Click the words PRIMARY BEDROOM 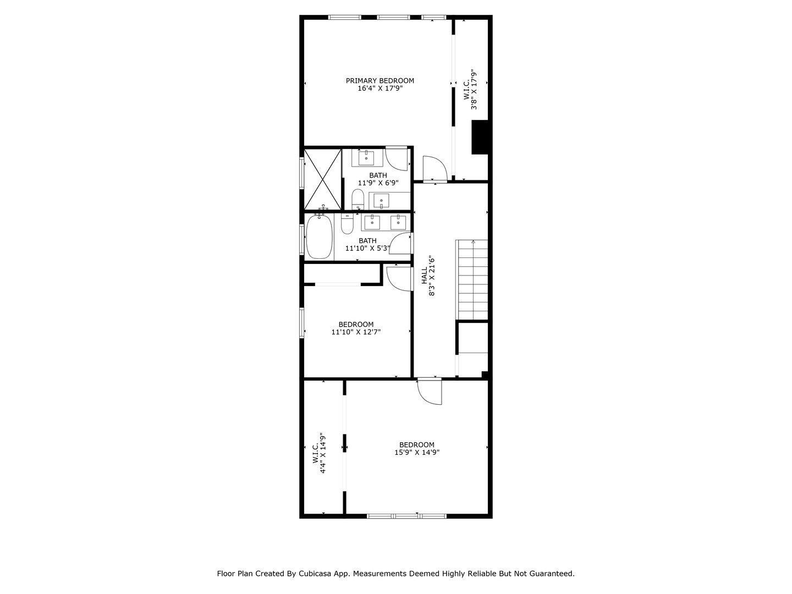coord(380,81)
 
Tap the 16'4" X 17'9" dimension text coord(380,88)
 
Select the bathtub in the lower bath coord(319,237)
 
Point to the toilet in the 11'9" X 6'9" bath coord(358,199)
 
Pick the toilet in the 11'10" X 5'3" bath coord(347,223)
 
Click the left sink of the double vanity coord(372,222)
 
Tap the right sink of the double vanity coord(398,222)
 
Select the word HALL coord(425,276)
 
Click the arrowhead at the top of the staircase coord(473,241)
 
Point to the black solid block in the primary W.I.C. coord(480,137)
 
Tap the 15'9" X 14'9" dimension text coord(417,453)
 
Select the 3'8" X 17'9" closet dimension coord(473,90)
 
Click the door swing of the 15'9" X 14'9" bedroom coord(430,392)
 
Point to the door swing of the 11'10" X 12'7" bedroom coord(398,277)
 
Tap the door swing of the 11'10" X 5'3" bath coord(402,244)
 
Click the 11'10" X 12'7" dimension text coord(356,332)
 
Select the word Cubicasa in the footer coord(310,574)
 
